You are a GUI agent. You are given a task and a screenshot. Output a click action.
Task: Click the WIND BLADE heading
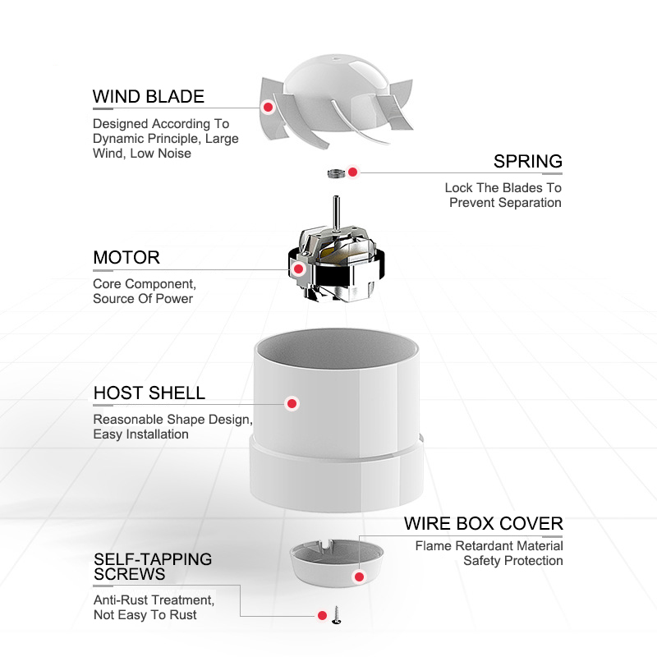point(149,97)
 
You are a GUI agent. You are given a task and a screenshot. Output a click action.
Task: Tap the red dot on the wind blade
point(269,108)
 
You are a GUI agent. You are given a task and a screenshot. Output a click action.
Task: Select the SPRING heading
point(527,161)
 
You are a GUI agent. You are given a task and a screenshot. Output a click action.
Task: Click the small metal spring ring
point(336,172)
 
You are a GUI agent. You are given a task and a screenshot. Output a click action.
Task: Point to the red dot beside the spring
point(353,172)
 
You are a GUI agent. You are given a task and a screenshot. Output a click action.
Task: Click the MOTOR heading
point(126,257)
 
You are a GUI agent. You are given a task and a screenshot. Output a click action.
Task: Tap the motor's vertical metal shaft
point(336,212)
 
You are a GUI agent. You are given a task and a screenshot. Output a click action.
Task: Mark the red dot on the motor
point(298,269)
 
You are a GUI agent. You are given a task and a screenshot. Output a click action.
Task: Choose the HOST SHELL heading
point(149,393)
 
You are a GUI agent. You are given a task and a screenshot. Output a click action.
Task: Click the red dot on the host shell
point(292,403)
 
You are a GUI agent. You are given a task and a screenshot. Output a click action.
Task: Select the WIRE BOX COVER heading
point(484,524)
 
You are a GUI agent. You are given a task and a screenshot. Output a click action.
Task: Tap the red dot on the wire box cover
point(359,577)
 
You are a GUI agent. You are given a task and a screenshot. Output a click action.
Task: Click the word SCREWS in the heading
point(130,574)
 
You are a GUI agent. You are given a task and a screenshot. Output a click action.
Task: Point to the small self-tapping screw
point(336,615)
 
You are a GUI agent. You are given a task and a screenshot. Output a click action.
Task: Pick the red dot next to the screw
point(322,615)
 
